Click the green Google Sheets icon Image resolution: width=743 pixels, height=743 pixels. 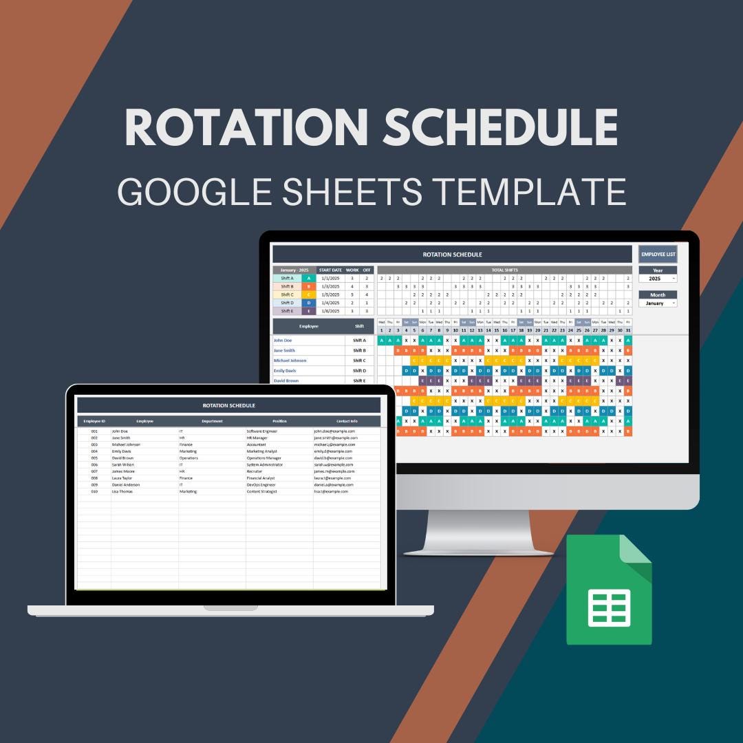(609, 590)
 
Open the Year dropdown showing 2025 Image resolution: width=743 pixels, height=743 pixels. (658, 279)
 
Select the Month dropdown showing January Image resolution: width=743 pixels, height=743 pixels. (658, 303)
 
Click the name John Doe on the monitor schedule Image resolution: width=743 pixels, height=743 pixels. (283, 340)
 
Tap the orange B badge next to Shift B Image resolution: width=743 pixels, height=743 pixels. (308, 286)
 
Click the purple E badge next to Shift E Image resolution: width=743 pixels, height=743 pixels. (308, 311)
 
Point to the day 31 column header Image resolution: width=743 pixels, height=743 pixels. (628, 330)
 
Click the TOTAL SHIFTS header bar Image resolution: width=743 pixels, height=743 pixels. (504, 270)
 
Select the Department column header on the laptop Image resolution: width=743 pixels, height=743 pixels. (212, 421)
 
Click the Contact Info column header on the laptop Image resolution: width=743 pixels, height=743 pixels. (347, 421)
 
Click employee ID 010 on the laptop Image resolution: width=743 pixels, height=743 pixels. (94, 491)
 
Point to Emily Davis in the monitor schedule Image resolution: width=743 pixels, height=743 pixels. (286, 371)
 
